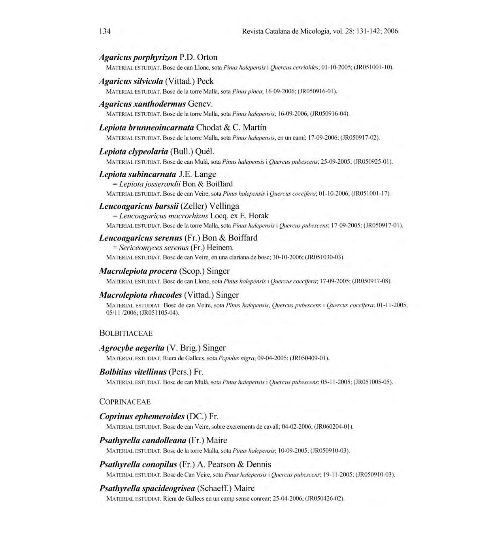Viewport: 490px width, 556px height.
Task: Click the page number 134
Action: click(105, 31)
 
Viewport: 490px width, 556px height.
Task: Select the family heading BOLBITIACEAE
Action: click(126, 333)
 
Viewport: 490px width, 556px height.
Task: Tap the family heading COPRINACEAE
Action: click(125, 402)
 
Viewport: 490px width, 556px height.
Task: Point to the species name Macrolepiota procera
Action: click(138, 271)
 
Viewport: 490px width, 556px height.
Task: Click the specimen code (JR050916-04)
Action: click(330, 114)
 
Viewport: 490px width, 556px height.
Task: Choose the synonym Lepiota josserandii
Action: click(150, 184)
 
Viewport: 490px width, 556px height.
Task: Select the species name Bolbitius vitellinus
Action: click(133, 372)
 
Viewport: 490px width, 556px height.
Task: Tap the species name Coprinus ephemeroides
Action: click(142, 417)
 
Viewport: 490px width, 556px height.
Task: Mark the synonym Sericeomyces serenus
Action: click(154, 248)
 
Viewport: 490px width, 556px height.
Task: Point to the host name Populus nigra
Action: click(236, 358)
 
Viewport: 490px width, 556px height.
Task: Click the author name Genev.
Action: click(201, 104)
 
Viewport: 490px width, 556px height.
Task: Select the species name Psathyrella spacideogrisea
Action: click(147, 488)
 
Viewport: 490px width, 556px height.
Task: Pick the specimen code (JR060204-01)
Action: click(334, 427)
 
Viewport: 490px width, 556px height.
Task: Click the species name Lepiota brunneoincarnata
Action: click(146, 128)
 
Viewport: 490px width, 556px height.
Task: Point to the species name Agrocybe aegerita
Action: click(132, 348)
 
